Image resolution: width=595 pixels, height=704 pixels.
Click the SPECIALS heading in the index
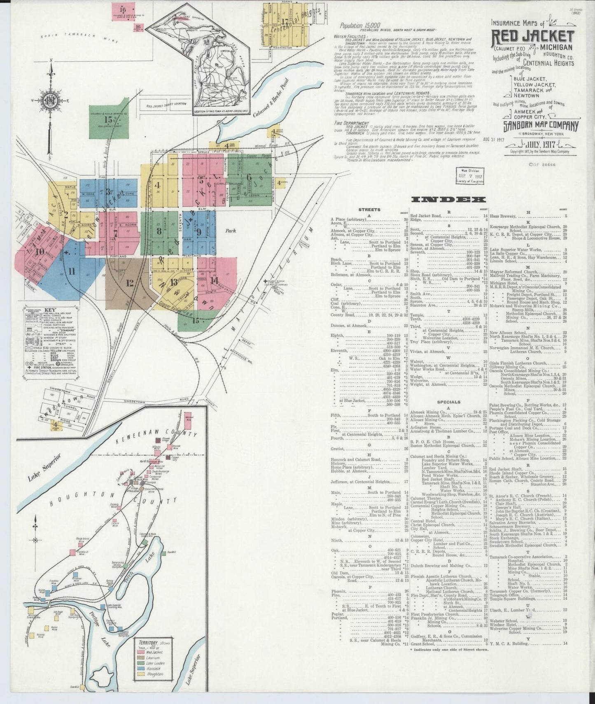(x=449, y=402)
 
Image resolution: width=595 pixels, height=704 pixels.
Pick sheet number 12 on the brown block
(x=130, y=283)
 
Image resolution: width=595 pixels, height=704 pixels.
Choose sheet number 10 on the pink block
(x=40, y=252)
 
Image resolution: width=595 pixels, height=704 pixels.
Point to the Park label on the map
(x=230, y=231)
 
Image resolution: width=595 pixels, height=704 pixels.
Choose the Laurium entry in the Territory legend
(x=154, y=658)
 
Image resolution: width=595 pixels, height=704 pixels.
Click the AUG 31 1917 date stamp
(x=496, y=140)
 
